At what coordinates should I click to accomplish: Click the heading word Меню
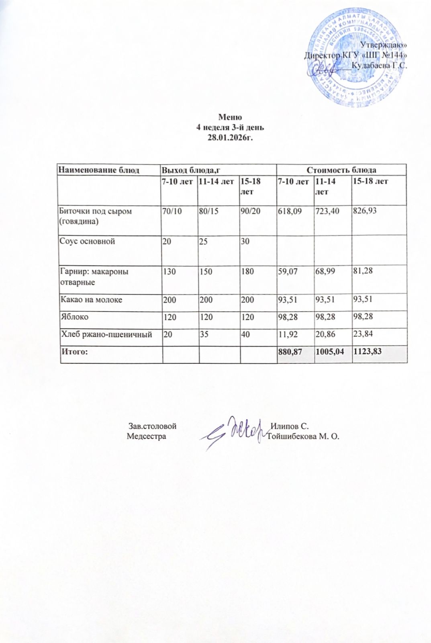230,117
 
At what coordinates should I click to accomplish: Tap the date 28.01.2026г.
230,137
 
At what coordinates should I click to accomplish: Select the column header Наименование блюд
99,170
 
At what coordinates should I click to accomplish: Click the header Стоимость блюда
341,170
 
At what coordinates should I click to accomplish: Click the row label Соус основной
87,241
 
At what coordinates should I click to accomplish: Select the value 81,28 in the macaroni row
363,271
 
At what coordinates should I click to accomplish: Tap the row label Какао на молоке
91,299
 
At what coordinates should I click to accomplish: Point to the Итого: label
74,352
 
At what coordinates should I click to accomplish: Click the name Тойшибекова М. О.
303,436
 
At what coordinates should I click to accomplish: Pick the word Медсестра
146,436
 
